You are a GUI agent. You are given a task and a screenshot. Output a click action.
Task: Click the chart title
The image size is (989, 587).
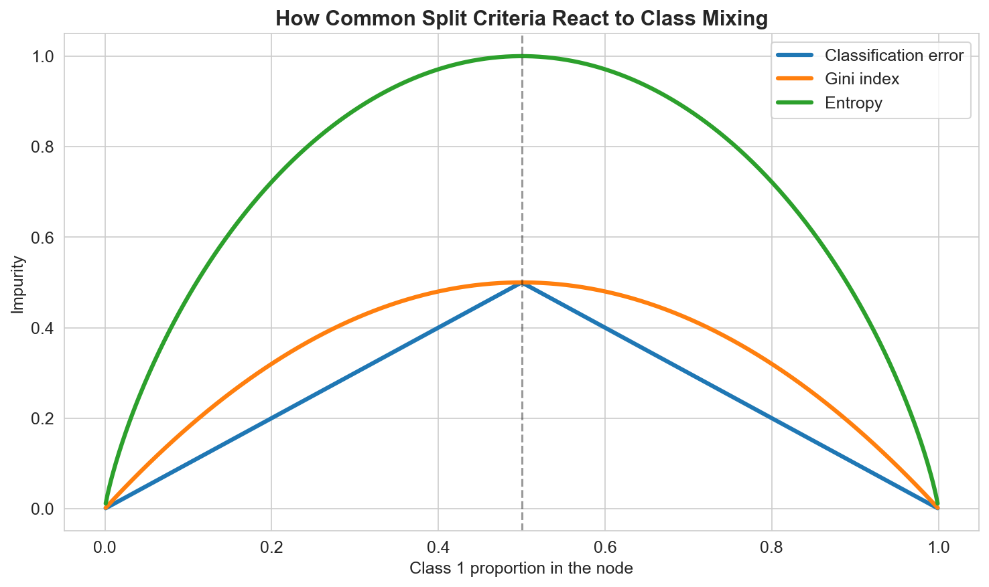pyautogui.click(x=521, y=18)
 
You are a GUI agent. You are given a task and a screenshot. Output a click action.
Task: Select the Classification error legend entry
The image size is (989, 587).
pyautogui.click(x=894, y=55)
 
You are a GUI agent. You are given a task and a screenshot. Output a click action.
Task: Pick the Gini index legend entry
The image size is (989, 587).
pyautogui.click(x=862, y=79)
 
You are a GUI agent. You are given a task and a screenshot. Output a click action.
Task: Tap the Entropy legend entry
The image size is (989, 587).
pyautogui.click(x=854, y=103)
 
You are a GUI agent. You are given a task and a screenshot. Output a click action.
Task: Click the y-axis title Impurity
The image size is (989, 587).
pyautogui.click(x=18, y=284)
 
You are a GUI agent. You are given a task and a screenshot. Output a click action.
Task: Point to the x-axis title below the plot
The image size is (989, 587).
pyautogui.click(x=521, y=569)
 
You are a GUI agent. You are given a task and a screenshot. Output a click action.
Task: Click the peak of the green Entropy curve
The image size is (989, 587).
pyautogui.click(x=522, y=56)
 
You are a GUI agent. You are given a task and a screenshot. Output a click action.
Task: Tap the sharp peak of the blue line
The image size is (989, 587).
pyautogui.click(x=522, y=283)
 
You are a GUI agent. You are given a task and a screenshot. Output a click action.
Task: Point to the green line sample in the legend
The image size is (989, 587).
pyautogui.click(x=795, y=103)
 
